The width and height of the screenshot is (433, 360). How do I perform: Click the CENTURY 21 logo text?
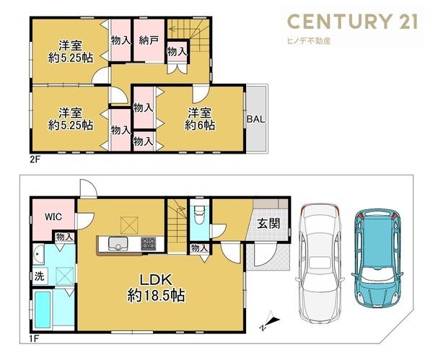[353, 21]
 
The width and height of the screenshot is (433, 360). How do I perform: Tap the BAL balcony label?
[255, 119]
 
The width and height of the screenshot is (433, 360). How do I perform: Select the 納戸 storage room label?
[149, 41]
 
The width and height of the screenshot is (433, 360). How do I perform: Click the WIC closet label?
[53, 216]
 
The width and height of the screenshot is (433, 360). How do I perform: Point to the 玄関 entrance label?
[268, 224]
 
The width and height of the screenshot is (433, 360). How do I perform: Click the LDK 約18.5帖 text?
[156, 288]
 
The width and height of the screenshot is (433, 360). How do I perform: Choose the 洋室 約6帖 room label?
[200, 119]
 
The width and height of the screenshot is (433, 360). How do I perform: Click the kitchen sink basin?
[118, 244]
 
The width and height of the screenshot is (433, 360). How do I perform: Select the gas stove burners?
[149, 244]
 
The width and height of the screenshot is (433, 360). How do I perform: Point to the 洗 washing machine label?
[39, 276]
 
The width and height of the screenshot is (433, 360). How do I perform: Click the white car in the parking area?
[320, 263]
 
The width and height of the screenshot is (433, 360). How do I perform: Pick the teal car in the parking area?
[377, 258]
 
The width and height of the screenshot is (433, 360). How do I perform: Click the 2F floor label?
[35, 159]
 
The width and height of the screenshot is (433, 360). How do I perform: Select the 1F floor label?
[35, 338]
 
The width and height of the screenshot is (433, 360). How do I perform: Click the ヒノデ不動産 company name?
[309, 41]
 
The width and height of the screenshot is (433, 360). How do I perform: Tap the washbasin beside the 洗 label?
[38, 254]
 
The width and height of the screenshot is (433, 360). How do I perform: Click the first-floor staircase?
[178, 225]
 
